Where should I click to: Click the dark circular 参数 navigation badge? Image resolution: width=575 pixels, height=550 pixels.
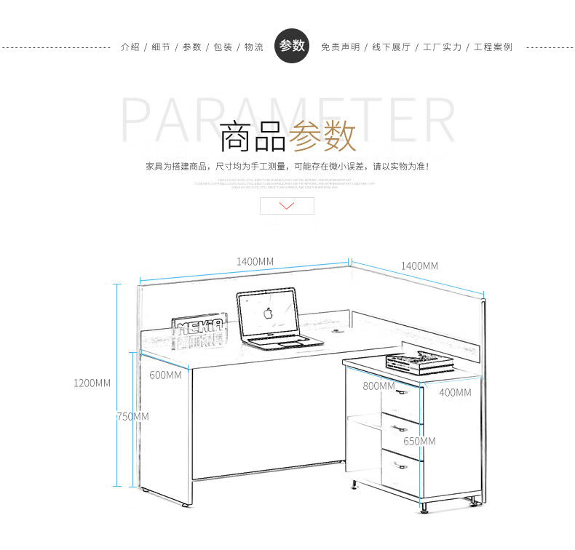coord(292,46)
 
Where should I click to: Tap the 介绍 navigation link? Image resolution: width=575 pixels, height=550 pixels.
coord(130,47)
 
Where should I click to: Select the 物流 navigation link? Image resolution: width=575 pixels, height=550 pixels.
coord(253,47)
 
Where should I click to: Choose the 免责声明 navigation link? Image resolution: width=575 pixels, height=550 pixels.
coord(340,47)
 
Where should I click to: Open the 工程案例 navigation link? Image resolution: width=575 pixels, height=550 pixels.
coord(493,47)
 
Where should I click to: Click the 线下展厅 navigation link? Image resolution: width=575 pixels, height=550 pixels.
coord(391,47)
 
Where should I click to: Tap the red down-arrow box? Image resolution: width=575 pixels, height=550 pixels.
coord(287,206)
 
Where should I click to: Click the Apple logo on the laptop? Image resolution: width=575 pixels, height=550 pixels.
coord(268,314)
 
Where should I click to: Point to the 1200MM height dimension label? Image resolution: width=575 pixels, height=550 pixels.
coord(92,383)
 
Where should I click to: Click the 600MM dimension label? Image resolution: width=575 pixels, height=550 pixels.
coord(165,375)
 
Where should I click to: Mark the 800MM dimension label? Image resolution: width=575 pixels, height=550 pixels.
coord(378,386)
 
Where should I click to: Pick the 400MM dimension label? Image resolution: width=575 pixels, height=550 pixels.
coord(455,392)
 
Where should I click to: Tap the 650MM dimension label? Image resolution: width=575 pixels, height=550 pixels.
coord(419,441)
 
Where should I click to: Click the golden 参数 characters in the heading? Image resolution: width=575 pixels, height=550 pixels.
coord(322,137)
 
